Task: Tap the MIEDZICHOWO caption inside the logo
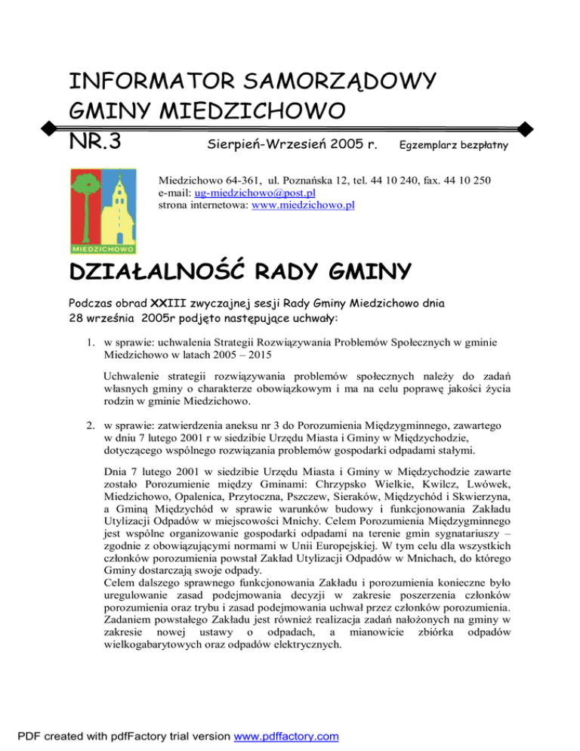tap(103, 248)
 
